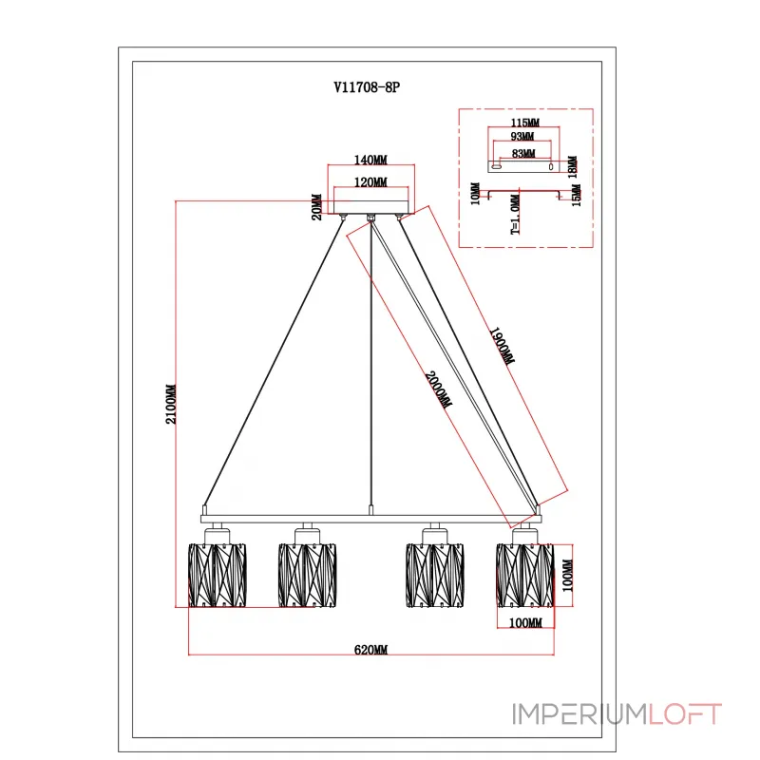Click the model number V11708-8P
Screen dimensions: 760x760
[x=367, y=87]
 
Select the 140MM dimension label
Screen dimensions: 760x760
[x=370, y=160]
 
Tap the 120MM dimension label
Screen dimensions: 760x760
[x=370, y=182]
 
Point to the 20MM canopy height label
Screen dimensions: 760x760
[x=316, y=207]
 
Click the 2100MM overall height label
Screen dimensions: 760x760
[x=171, y=405]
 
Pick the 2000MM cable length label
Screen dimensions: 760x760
[x=438, y=389]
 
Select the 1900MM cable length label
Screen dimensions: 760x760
[x=502, y=346]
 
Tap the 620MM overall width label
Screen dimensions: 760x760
[x=370, y=650]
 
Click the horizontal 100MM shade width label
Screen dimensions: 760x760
[x=525, y=622]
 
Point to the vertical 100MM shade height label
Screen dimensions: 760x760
[x=567, y=576]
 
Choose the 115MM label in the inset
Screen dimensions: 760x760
[x=525, y=123]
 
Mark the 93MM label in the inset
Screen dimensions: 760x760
[x=522, y=136]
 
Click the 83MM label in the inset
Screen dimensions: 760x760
[x=523, y=153]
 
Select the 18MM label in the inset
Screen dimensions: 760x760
[x=573, y=167]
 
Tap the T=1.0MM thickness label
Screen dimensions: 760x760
[x=515, y=215]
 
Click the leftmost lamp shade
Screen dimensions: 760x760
[x=218, y=576]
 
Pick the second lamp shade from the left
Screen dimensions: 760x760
[x=307, y=576]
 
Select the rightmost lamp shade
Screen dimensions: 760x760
[x=525, y=576]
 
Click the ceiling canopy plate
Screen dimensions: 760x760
[x=370, y=207]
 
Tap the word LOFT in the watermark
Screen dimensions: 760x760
[x=685, y=714]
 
